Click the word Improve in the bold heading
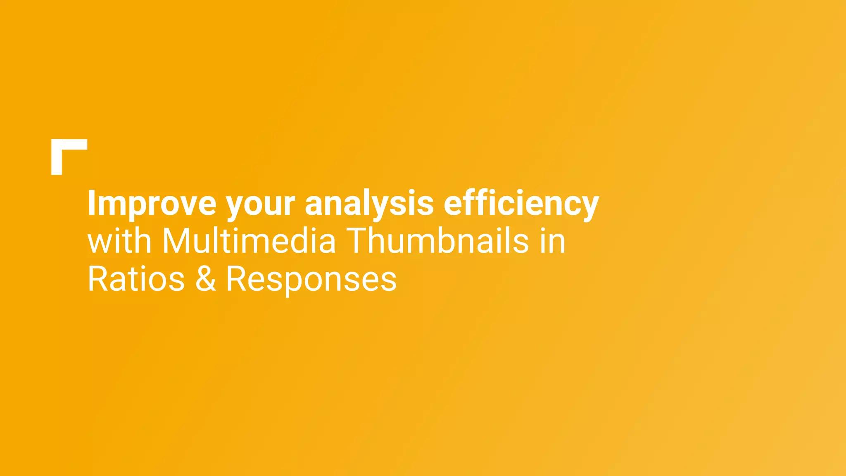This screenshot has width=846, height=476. coord(152,203)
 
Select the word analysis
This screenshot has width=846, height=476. coord(369,203)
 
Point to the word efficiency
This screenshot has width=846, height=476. coord(521,203)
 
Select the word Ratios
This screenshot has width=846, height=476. coord(136,279)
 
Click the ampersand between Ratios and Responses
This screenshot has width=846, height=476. coord(205,279)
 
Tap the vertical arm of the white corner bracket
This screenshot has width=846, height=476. coord(57,162)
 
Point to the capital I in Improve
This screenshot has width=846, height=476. coord(91,203)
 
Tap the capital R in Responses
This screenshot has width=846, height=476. coord(237,279)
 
